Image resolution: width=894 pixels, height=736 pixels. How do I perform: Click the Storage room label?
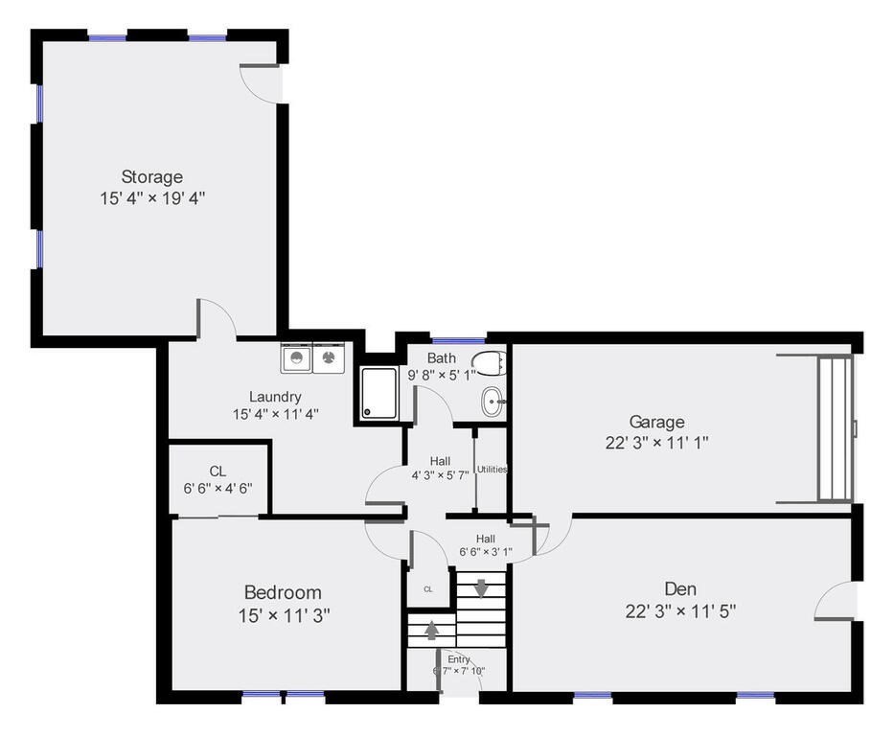pos(151,177)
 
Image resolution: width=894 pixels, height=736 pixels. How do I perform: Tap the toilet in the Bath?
pos(489,363)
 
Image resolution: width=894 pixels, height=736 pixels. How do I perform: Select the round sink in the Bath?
pos(493,402)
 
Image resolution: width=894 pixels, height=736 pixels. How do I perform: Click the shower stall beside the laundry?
pos(380,394)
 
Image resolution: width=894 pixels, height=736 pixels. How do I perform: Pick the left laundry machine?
pos(296,359)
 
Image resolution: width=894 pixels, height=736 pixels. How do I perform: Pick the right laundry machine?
pos(329,359)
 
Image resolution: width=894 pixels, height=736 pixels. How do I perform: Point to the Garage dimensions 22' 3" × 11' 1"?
pos(656,442)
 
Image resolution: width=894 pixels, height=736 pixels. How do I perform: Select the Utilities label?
pos(492,470)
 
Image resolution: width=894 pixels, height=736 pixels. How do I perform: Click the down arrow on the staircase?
pos(481,587)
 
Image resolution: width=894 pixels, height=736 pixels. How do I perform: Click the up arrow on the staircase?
pos(431,631)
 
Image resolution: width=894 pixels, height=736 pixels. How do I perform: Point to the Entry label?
pos(459,659)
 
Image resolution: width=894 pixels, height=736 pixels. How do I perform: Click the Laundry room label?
pos(275,397)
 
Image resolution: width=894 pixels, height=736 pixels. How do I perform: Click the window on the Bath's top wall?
pos(458,340)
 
